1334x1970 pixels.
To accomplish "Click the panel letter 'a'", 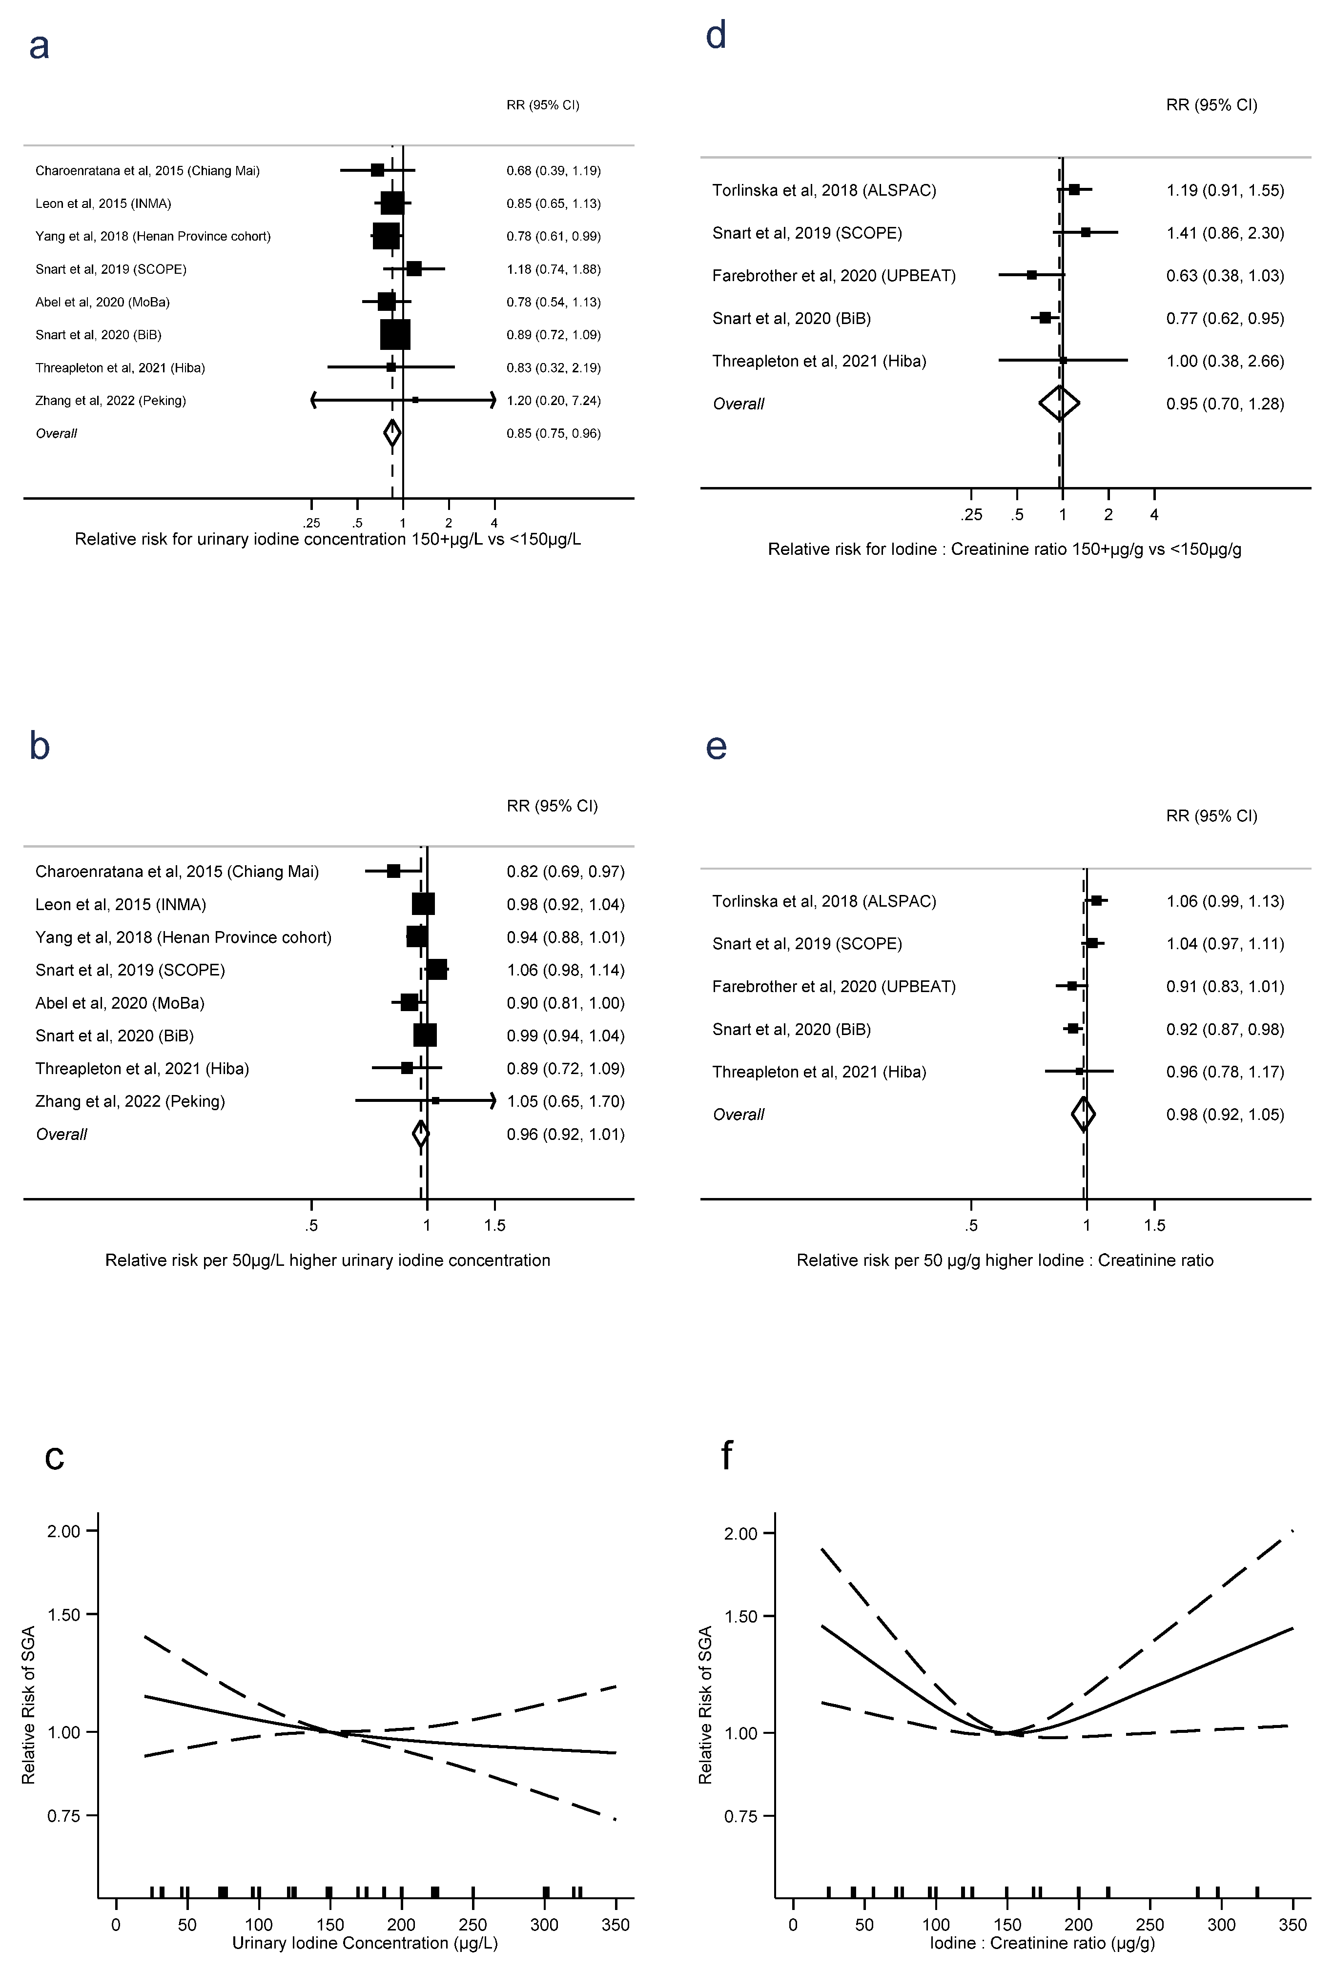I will [x=39, y=47].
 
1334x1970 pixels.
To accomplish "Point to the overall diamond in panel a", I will [x=392, y=433].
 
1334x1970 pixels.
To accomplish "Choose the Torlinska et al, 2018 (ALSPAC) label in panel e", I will [x=824, y=901].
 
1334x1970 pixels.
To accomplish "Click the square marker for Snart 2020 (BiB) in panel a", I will [x=395, y=335].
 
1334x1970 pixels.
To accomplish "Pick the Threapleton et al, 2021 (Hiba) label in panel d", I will [x=819, y=361].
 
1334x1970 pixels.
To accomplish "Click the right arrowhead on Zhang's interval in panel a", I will [x=493, y=400].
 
